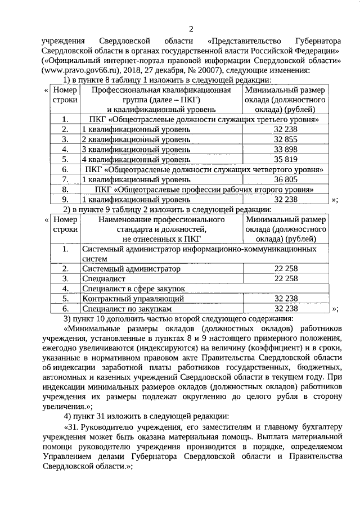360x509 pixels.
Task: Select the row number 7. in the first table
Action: click(65, 179)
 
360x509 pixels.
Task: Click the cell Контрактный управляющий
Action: click(125, 299)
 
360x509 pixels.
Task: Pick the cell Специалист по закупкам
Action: click(125, 309)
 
